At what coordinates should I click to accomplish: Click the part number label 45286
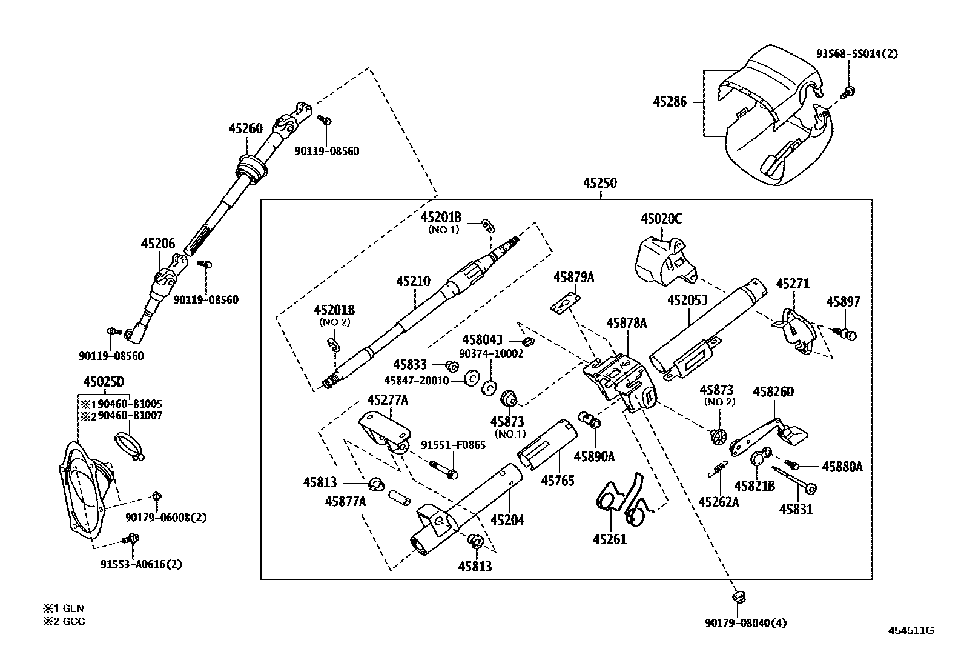click(669, 102)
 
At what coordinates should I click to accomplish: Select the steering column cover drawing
click(778, 115)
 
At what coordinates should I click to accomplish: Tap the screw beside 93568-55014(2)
click(849, 92)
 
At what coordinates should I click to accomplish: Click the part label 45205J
click(687, 300)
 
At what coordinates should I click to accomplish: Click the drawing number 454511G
click(911, 630)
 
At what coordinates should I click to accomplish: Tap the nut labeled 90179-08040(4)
click(738, 597)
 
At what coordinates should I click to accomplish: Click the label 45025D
click(103, 381)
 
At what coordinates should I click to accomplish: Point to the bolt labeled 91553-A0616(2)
click(131, 539)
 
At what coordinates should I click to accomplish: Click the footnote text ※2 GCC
click(64, 621)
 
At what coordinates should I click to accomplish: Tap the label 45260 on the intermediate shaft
click(245, 128)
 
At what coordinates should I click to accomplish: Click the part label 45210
click(413, 281)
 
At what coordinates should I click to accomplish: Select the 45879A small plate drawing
click(566, 304)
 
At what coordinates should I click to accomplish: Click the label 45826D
click(773, 391)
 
